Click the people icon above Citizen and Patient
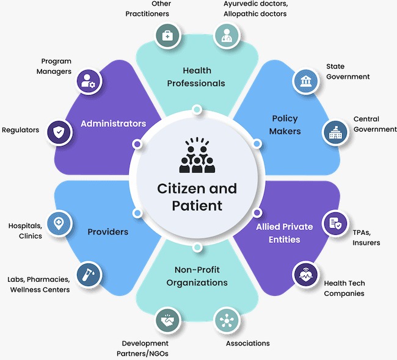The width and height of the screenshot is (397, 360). click(197, 157)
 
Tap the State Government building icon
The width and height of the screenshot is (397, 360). click(305, 82)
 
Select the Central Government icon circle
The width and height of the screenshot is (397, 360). click(335, 132)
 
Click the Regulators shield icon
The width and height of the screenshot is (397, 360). click(59, 131)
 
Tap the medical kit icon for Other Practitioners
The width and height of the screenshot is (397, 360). click(167, 36)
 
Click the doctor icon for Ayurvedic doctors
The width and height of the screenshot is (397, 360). click(226, 35)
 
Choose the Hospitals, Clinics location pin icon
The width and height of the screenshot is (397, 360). click(59, 223)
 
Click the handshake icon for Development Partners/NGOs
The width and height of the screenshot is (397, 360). click(167, 319)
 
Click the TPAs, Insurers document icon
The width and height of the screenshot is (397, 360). click(335, 223)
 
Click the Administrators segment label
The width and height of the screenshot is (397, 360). click(113, 123)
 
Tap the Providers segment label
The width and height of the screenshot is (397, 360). click(107, 232)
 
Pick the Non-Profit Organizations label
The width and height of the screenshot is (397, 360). click(196, 276)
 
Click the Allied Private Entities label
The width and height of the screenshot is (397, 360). click(284, 232)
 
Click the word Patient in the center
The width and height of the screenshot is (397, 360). click(197, 206)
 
